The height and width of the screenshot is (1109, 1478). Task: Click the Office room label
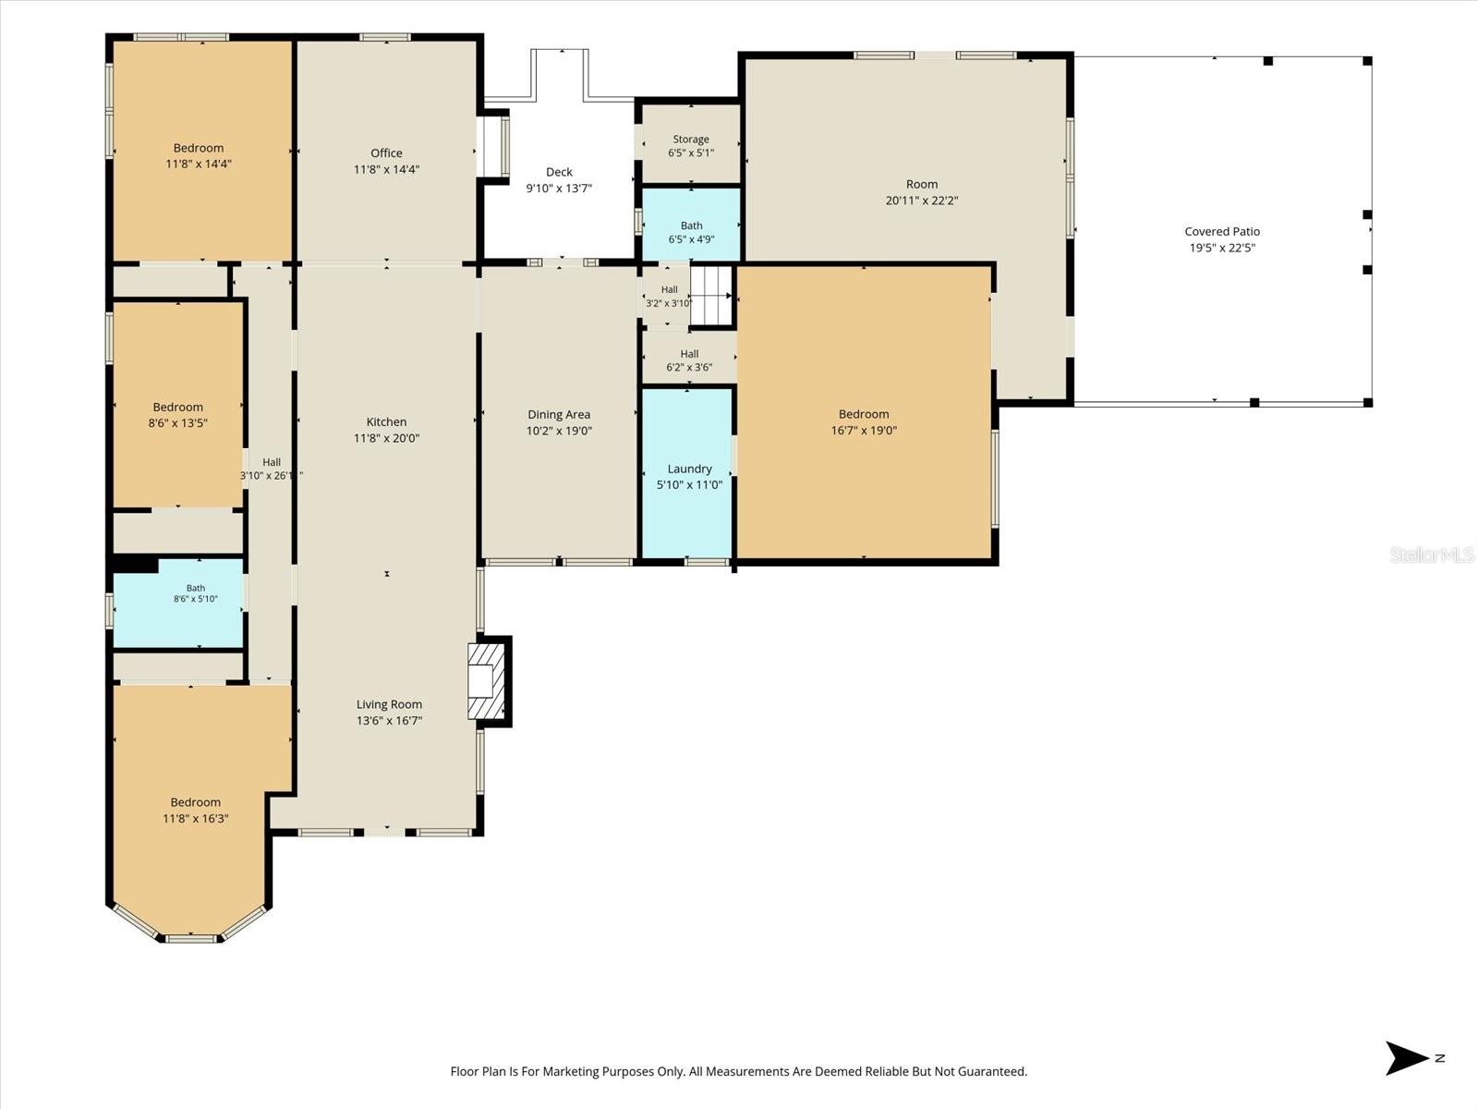pyautogui.click(x=386, y=153)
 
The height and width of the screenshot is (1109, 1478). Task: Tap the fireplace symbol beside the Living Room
pyautogui.click(x=486, y=681)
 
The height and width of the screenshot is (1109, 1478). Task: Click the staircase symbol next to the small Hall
pyautogui.click(x=711, y=296)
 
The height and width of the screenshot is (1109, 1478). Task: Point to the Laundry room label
pyautogui.click(x=689, y=469)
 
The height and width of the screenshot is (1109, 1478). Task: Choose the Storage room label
pyautogui.click(x=691, y=140)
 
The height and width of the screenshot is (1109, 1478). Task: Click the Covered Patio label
pyautogui.click(x=1222, y=232)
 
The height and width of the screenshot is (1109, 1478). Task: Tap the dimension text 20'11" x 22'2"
pyautogui.click(x=922, y=201)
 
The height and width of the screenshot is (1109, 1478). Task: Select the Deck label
pyautogui.click(x=559, y=173)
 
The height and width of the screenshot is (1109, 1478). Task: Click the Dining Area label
pyautogui.click(x=559, y=415)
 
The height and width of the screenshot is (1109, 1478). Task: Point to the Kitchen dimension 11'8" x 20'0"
pyautogui.click(x=386, y=438)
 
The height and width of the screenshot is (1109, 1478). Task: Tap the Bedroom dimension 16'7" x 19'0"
pyautogui.click(x=864, y=431)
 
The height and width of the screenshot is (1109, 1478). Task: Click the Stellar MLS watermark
pyautogui.click(x=1432, y=554)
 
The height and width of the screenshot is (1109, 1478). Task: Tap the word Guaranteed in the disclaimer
pyautogui.click(x=992, y=1071)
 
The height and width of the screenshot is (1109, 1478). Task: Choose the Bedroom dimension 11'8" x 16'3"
pyautogui.click(x=196, y=819)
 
